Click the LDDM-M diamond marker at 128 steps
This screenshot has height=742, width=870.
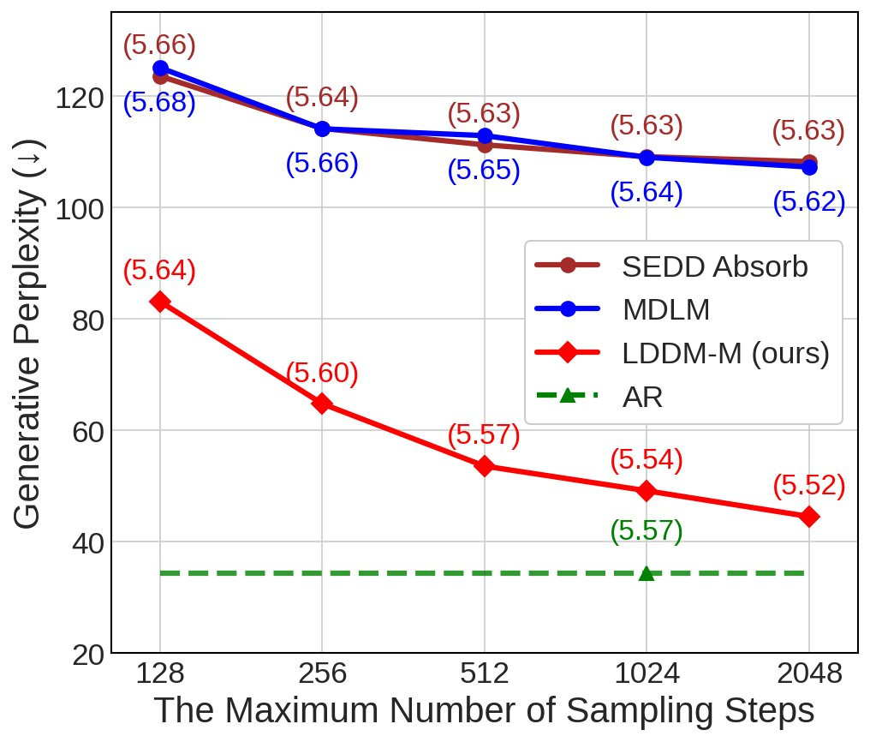pos(160,302)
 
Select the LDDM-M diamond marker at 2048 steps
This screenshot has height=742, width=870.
pos(808,517)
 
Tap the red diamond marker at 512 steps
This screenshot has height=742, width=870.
pos(485,466)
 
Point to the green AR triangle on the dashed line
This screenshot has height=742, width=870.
pos(647,573)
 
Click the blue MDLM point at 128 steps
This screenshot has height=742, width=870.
pos(160,69)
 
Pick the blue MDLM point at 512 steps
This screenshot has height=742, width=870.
pos(485,135)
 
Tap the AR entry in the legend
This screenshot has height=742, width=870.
pos(642,397)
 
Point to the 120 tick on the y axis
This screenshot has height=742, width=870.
pos(80,98)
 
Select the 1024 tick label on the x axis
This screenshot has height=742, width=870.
pos(647,674)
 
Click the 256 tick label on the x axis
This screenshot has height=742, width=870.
pos(322,674)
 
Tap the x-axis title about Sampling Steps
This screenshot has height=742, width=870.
pos(484,712)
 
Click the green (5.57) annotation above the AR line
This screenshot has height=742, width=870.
pos(647,532)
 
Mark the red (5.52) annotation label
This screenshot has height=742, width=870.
pos(808,487)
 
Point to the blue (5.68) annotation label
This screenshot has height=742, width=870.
pos(160,105)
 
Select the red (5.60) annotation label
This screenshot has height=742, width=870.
pos(322,374)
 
